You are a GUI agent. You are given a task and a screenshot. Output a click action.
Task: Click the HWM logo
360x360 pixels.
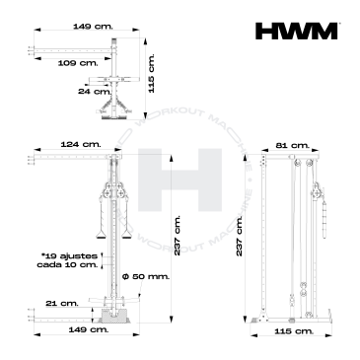point(296,31)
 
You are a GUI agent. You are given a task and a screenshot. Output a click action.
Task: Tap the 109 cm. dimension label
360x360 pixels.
point(78,63)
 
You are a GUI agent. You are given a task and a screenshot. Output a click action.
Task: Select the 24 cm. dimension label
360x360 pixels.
point(95,91)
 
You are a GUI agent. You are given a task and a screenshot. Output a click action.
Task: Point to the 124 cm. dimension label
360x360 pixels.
point(81,144)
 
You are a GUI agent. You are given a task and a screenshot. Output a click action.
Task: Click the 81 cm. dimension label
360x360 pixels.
point(293,145)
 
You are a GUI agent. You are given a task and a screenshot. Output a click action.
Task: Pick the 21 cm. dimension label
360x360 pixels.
point(62,303)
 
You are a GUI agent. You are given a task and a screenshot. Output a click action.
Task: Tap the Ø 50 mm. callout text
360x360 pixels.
point(146,276)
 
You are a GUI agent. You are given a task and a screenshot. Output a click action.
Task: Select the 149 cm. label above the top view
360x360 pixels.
point(93,26)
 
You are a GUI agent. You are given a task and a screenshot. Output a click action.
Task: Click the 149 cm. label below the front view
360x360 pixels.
point(88,329)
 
